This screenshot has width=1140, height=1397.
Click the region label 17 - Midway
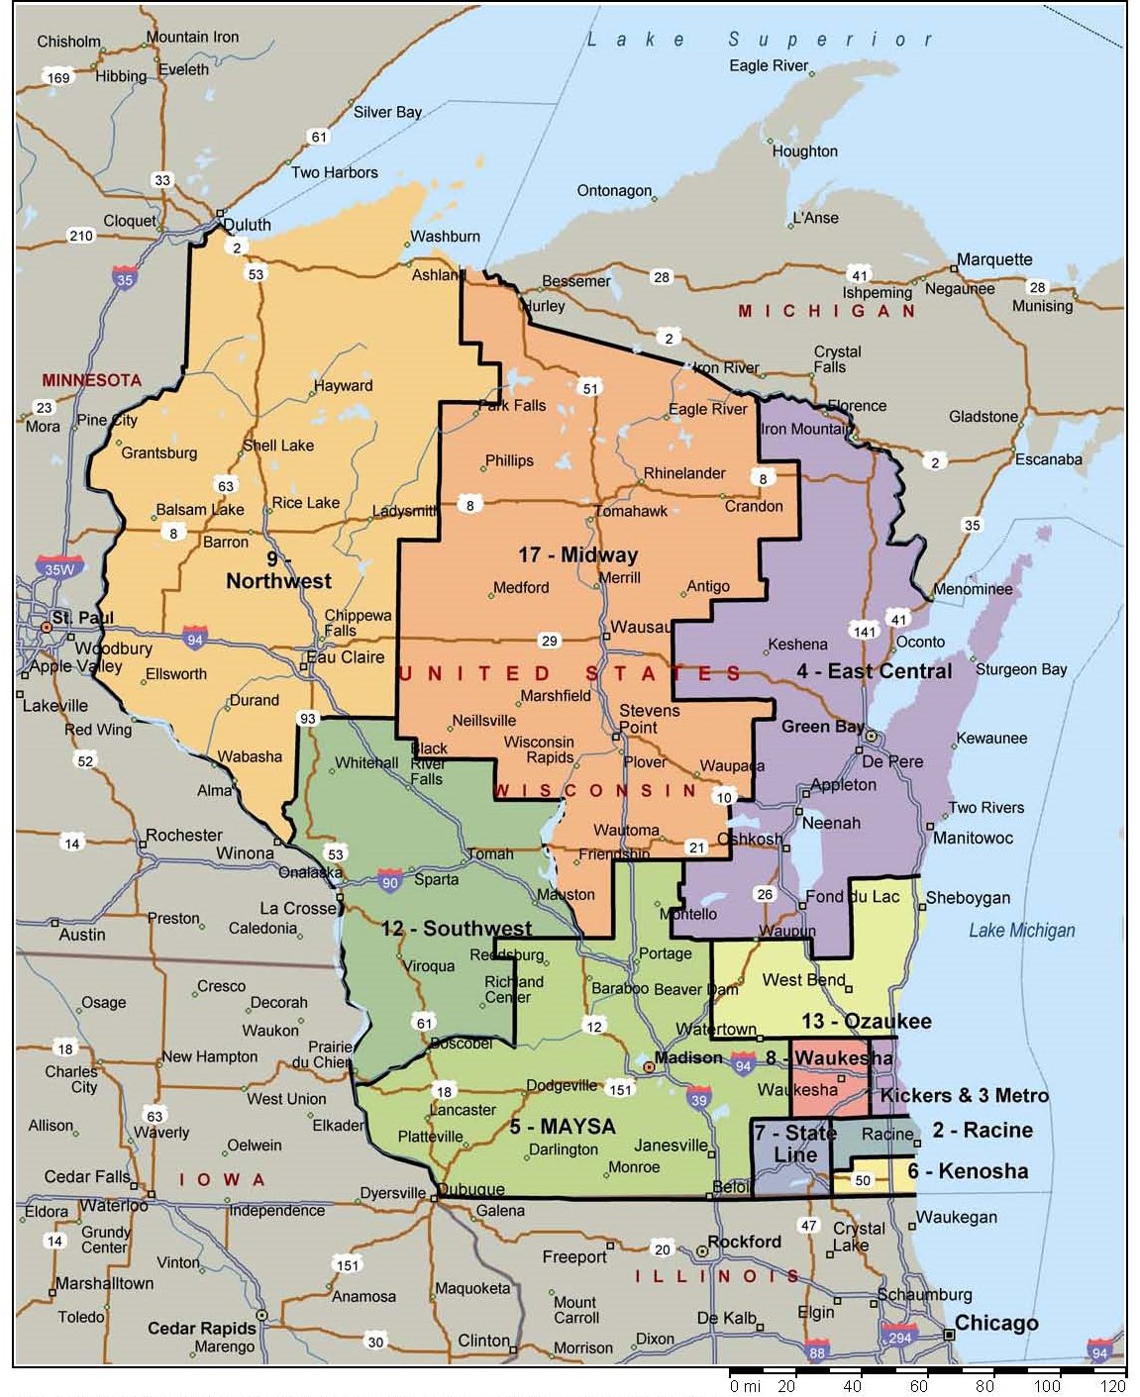577,554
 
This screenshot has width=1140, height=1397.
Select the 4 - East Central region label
874,671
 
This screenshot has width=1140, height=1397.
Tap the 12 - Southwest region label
457,929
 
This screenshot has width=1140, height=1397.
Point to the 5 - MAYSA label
562,1127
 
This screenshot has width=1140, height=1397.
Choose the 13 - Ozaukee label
866,1021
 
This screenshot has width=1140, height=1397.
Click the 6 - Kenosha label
967,1171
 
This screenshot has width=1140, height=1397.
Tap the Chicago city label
995,1324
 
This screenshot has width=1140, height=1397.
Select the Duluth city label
247,224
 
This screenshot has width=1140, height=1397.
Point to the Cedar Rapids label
202,1328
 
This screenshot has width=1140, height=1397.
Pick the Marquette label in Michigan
993,259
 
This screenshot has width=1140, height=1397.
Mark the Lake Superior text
760,40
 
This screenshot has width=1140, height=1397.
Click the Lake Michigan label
1021,931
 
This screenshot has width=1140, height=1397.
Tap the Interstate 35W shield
59,567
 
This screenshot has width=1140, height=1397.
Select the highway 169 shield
58,77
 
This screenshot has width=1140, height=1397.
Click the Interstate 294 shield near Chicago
899,1335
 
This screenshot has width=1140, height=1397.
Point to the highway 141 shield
864,631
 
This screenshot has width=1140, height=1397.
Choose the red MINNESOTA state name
91,380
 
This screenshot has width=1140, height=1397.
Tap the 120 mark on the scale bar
1112,1386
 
